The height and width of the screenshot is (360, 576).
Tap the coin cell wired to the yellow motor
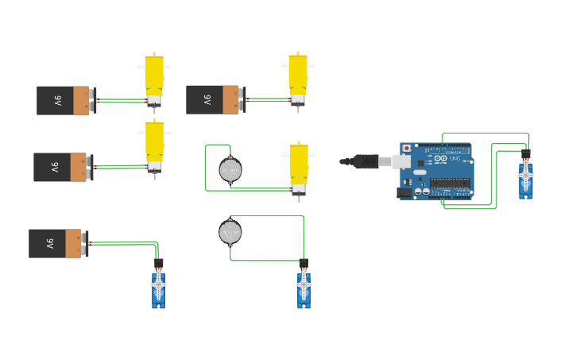point(230,170)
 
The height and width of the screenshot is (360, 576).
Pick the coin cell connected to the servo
point(230,231)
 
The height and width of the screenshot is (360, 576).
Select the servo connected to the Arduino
point(525,178)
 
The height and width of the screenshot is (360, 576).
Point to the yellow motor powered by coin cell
point(298,165)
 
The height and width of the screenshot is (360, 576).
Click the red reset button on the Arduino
point(408,148)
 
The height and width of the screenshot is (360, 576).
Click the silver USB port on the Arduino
point(404,161)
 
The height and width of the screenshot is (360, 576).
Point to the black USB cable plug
point(366,161)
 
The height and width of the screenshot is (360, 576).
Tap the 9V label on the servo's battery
point(48,243)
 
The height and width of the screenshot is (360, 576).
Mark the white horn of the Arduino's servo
point(525,176)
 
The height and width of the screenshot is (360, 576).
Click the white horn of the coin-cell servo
point(303,284)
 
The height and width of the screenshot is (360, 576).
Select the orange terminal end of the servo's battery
point(74,243)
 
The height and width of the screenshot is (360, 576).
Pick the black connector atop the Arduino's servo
point(525,153)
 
